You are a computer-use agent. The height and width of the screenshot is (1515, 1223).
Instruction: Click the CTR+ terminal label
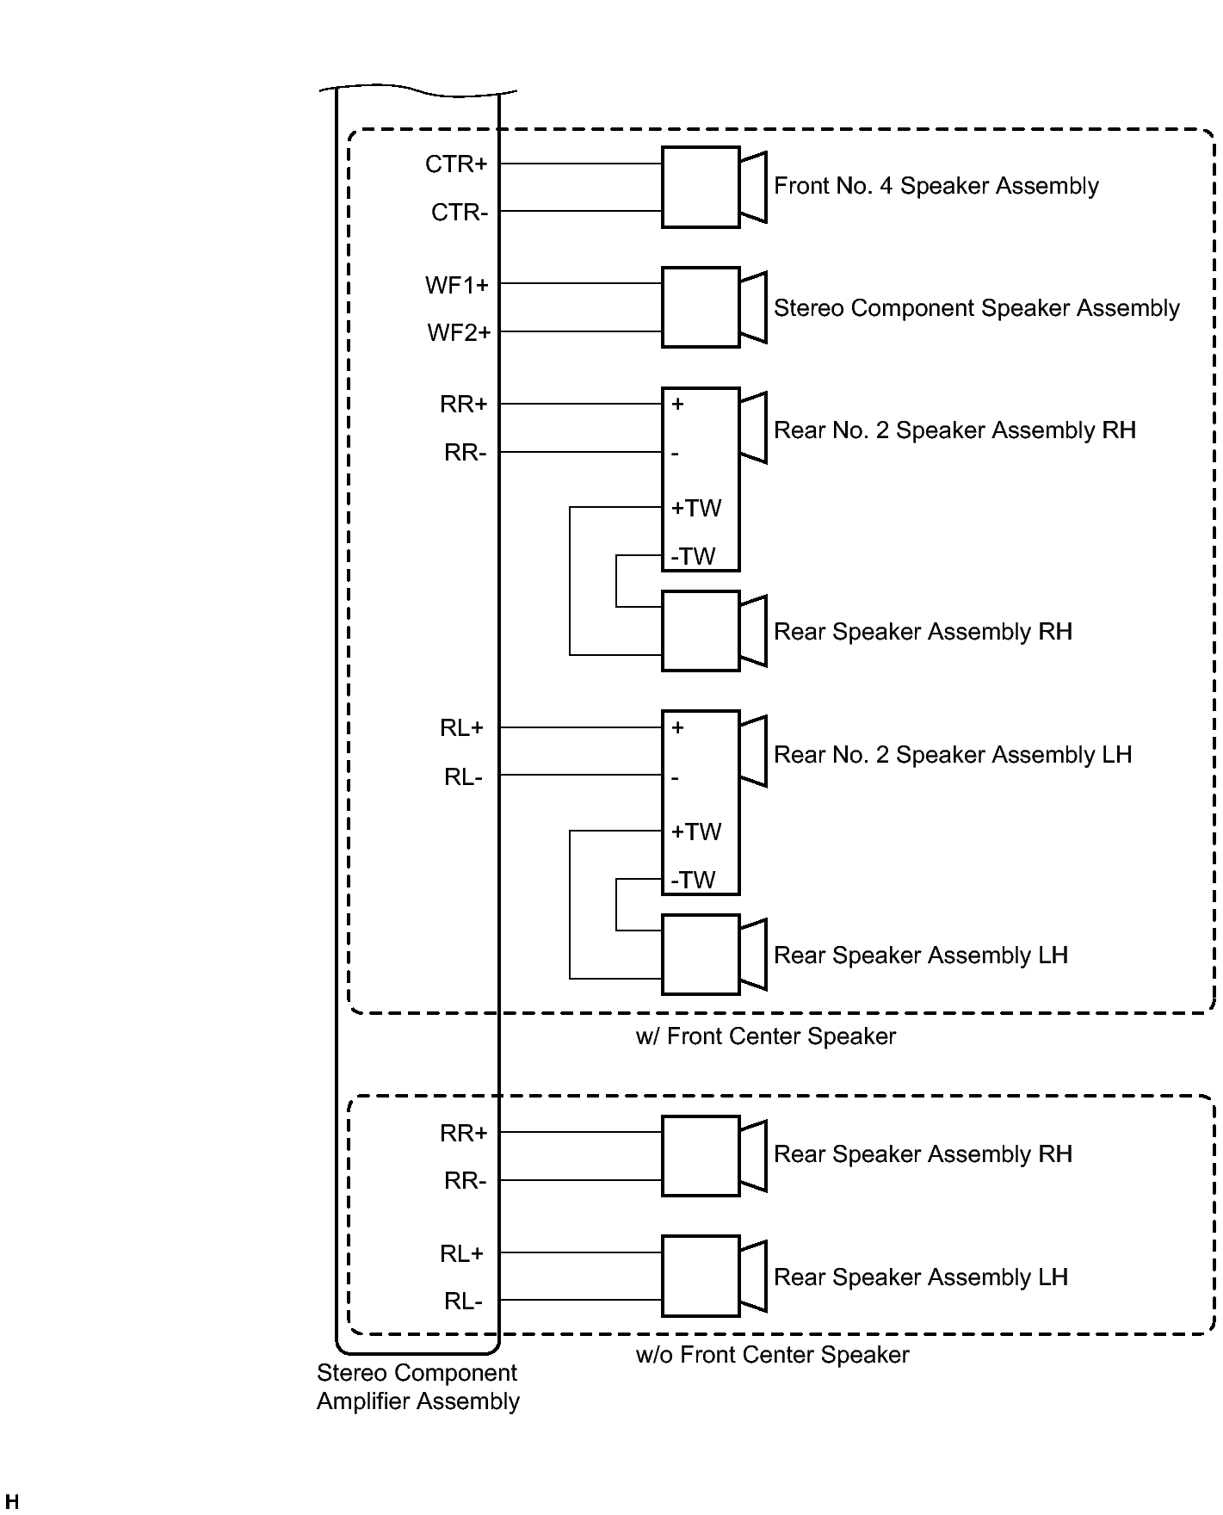(x=456, y=164)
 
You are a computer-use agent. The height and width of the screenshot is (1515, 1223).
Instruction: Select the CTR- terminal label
(x=460, y=212)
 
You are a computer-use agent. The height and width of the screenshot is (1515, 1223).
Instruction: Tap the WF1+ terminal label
(x=456, y=285)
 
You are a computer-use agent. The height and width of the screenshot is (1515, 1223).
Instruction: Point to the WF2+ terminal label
(x=458, y=332)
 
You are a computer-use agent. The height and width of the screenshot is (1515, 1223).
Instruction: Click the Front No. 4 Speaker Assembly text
(x=936, y=186)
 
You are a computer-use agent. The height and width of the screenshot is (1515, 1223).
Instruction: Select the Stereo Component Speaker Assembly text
(x=976, y=308)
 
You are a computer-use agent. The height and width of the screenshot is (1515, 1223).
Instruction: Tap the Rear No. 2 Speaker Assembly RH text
(x=954, y=430)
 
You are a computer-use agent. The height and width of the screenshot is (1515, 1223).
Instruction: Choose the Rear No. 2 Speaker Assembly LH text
(x=952, y=755)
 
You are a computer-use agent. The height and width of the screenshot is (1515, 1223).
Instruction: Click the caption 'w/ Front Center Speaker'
(x=765, y=1036)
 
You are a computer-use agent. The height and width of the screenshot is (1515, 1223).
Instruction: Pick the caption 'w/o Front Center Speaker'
(x=772, y=1355)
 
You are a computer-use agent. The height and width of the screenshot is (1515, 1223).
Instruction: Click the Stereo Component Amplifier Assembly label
(x=417, y=1387)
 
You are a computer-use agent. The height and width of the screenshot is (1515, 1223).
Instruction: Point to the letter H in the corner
(x=12, y=1503)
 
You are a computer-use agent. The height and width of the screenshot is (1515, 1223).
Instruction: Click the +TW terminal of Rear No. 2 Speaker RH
(x=696, y=508)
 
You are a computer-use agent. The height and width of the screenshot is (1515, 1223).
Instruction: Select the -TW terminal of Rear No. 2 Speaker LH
(x=694, y=880)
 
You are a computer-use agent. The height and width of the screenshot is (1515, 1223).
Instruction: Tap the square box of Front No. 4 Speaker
(x=700, y=187)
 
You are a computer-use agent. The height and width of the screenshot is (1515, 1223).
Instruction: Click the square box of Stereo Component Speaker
(x=700, y=307)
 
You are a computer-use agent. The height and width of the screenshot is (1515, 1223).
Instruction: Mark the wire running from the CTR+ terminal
(x=580, y=163)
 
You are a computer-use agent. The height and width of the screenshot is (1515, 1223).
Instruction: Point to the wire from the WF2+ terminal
(x=580, y=331)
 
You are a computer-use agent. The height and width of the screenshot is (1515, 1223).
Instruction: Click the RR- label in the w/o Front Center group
(x=465, y=1181)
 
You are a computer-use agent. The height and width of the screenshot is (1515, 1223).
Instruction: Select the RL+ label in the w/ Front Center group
(x=461, y=728)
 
